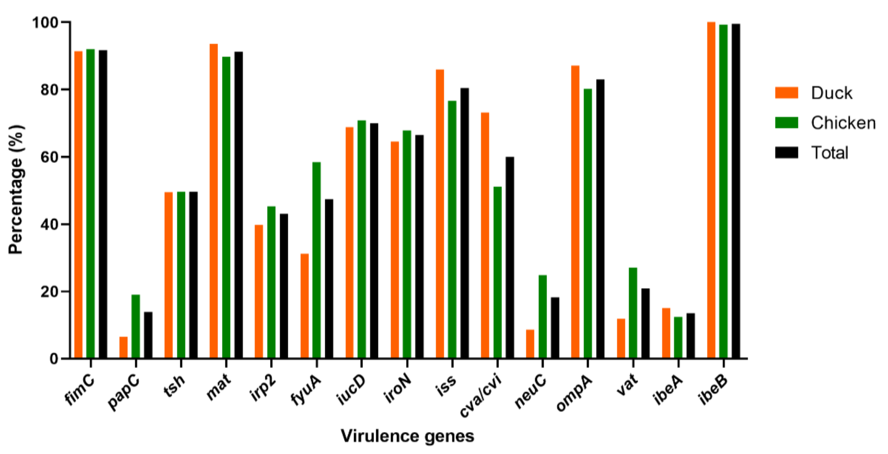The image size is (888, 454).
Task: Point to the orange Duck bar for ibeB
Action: (x=711, y=190)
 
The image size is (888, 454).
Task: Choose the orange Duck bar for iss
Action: (x=440, y=214)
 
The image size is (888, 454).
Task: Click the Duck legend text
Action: (x=831, y=93)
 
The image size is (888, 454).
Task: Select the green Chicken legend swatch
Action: (x=787, y=123)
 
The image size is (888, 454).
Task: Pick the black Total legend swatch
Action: (x=787, y=152)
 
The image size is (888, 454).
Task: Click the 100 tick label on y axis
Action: (x=45, y=22)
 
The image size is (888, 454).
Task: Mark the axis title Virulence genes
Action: (x=407, y=436)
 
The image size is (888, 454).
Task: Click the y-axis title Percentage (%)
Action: (x=16, y=190)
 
